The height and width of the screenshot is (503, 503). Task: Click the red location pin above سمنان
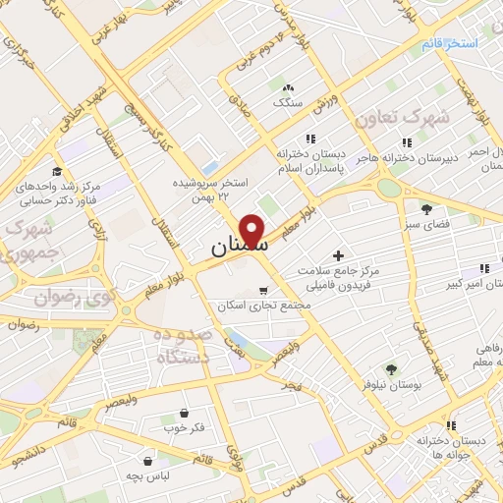click(253, 232)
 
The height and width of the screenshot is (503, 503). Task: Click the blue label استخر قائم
click(451, 45)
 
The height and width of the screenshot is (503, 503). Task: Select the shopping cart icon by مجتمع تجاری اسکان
click(262, 290)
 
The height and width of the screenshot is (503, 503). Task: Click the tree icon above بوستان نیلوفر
click(391, 369)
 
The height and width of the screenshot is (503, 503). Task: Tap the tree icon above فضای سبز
click(425, 208)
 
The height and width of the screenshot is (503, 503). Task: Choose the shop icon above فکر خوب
click(185, 414)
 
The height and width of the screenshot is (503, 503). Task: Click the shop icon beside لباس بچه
click(147, 460)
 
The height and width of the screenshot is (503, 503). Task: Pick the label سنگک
click(288, 102)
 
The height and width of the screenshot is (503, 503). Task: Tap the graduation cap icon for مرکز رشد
click(57, 171)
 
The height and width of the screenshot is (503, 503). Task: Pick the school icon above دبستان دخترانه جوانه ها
click(450, 425)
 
